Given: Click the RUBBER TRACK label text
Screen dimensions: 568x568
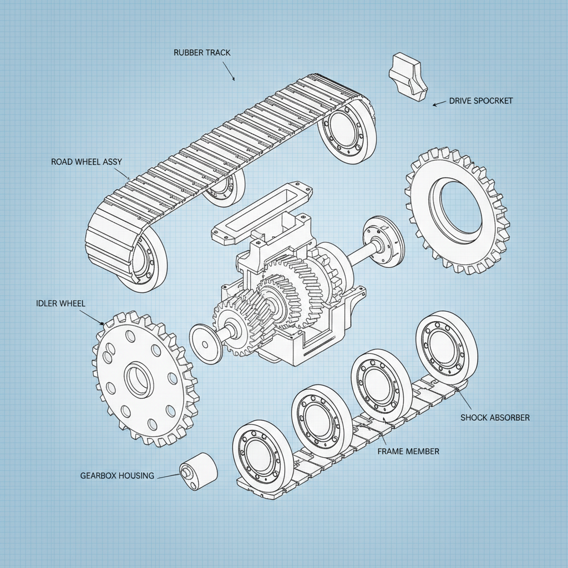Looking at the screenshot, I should click(x=201, y=53).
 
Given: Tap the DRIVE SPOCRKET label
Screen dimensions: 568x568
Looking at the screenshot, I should click(x=480, y=101).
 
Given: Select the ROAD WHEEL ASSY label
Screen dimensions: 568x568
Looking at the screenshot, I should click(x=87, y=162).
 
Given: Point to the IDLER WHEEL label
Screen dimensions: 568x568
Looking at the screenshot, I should click(x=60, y=305).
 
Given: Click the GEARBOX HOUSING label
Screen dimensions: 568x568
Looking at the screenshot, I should click(x=116, y=475).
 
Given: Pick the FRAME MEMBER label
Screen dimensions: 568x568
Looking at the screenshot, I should click(x=408, y=451).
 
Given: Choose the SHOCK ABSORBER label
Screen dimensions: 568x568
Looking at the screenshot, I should click(x=495, y=417).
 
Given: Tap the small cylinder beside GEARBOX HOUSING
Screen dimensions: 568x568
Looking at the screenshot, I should click(x=199, y=471).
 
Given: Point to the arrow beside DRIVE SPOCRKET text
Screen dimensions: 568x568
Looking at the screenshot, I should click(x=439, y=103).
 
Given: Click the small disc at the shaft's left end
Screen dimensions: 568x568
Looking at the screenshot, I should click(x=206, y=343).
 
